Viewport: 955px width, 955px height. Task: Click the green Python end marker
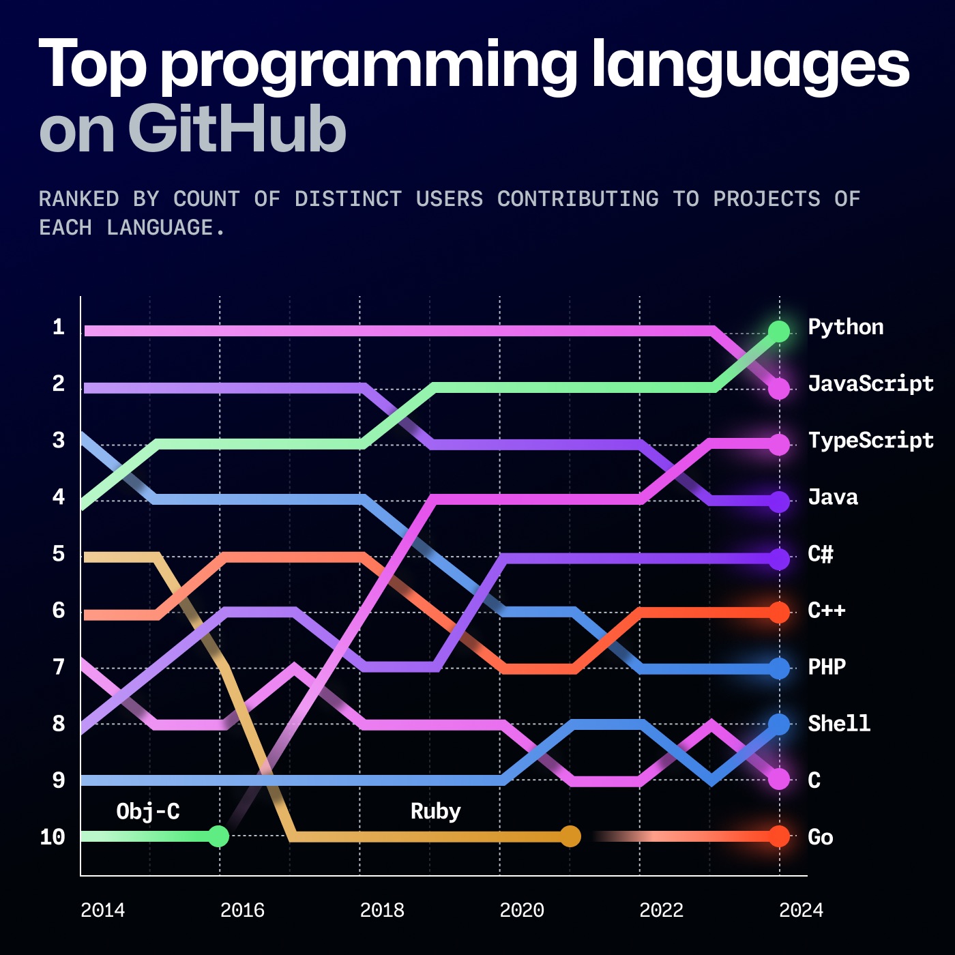tap(778, 331)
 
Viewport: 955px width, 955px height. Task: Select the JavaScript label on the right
tap(870, 383)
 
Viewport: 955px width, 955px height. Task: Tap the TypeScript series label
tap(870, 440)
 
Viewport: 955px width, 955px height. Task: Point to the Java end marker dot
tap(778, 501)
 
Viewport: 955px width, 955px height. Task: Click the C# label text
tap(820, 553)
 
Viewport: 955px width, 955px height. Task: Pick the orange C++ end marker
tap(778, 612)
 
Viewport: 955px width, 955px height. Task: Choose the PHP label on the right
tap(826, 666)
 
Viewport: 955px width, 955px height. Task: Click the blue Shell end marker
tap(778, 724)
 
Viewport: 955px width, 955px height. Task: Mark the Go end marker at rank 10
tap(778, 836)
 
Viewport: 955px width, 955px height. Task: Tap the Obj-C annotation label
tap(148, 811)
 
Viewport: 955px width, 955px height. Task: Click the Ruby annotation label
tap(435, 811)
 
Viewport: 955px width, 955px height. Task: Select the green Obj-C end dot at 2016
tap(218, 836)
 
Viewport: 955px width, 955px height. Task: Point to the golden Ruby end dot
tap(570, 836)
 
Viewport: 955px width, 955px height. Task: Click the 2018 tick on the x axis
tap(382, 910)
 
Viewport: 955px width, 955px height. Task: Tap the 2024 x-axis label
tap(801, 910)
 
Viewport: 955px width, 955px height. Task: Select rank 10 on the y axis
tap(53, 837)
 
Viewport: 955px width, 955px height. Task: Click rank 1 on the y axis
tap(59, 327)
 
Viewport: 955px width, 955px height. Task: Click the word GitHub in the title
tap(237, 129)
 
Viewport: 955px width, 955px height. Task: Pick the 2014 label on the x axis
tap(102, 910)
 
